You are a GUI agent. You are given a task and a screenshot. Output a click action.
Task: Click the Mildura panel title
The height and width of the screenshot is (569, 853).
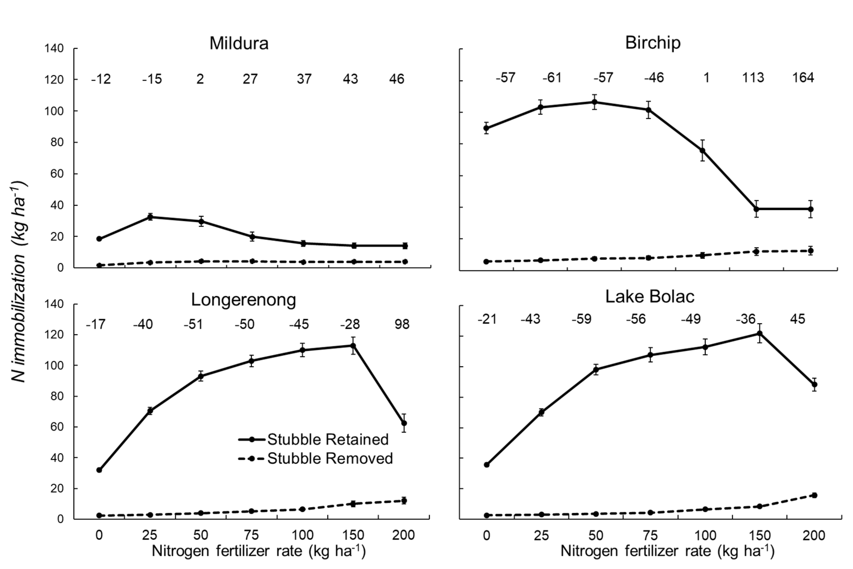click(x=239, y=43)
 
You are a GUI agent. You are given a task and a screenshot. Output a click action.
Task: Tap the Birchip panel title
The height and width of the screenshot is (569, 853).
click(x=653, y=43)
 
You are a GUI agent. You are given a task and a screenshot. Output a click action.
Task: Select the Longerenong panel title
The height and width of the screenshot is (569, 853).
click(x=243, y=300)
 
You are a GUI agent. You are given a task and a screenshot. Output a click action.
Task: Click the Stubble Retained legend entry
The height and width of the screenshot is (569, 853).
click(x=314, y=439)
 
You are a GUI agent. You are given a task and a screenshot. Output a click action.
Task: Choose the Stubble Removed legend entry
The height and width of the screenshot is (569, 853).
click(x=315, y=459)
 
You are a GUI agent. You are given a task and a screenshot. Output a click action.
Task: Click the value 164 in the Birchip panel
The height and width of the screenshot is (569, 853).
click(x=803, y=78)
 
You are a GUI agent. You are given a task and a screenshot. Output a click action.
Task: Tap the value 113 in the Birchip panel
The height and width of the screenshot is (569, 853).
click(x=753, y=78)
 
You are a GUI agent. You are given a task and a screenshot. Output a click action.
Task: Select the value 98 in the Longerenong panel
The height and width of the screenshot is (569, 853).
click(x=402, y=324)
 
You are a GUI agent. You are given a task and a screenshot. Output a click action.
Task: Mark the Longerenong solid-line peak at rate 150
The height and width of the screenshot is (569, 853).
click(x=353, y=345)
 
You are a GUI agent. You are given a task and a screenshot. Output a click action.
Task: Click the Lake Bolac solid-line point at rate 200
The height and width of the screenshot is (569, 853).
click(x=814, y=384)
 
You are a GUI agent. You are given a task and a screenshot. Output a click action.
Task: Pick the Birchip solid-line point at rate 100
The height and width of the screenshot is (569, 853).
click(x=702, y=150)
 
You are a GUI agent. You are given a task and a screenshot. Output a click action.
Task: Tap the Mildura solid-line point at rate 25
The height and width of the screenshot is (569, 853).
click(x=150, y=217)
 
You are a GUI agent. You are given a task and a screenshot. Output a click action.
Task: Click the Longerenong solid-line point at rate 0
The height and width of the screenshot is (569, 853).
click(x=99, y=470)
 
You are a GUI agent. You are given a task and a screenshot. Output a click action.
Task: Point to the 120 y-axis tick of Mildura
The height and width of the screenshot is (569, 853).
click(x=54, y=79)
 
